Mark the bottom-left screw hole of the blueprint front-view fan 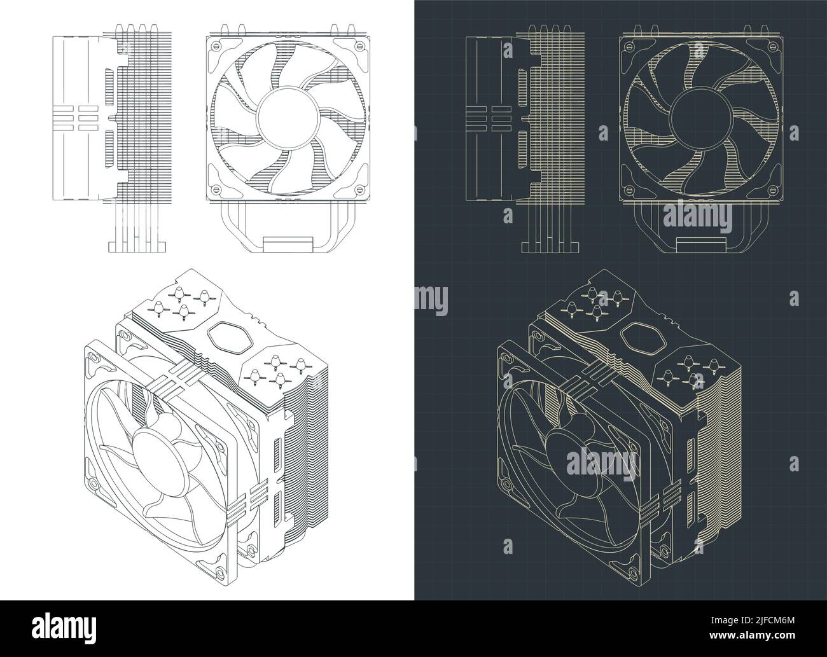pos(629,190)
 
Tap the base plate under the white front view pos(288,244)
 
